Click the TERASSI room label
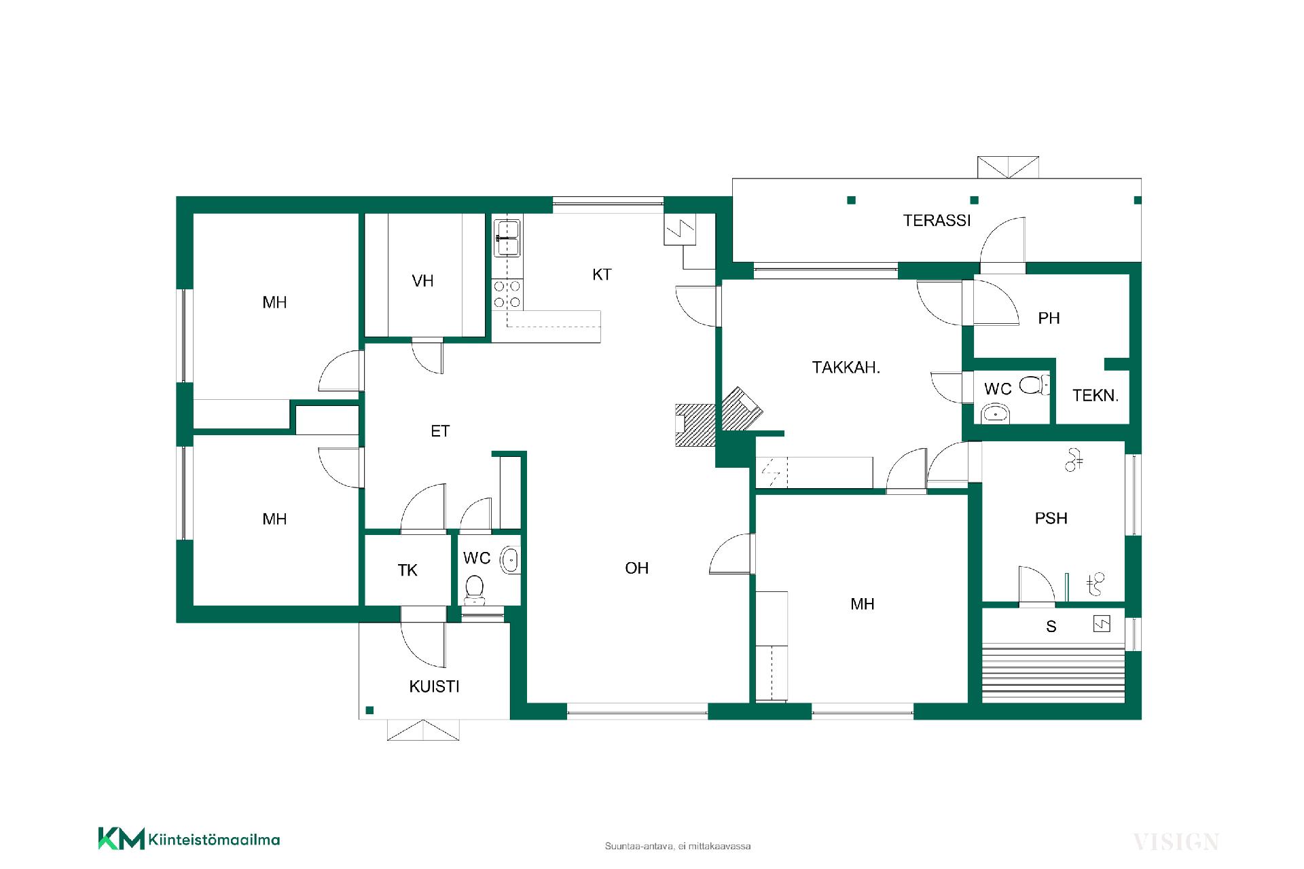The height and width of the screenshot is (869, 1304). pos(937,221)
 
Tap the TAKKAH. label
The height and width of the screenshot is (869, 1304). pos(846,368)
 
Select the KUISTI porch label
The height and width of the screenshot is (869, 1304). pos(435,686)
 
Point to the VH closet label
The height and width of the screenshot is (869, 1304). pos(422,281)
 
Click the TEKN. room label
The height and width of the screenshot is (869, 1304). pos(1095,396)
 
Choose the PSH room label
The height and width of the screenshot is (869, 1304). pos(1051,519)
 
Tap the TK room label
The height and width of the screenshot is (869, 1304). pos(407,570)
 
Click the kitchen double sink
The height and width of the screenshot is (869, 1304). pos(507,238)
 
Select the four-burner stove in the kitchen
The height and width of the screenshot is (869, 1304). pos(507,293)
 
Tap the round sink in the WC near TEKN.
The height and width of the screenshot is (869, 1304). pos(996,412)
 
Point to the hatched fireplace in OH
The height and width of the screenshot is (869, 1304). pos(695,425)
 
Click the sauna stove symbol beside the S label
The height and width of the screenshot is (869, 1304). pos(1101,624)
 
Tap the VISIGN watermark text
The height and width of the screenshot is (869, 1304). pos(1176,843)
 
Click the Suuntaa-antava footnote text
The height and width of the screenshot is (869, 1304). pos(678,847)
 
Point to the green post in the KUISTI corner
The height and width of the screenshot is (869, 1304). pos(369,710)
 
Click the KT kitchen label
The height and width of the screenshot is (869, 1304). pos(602,275)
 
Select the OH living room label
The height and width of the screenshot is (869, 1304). pos(637,568)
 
